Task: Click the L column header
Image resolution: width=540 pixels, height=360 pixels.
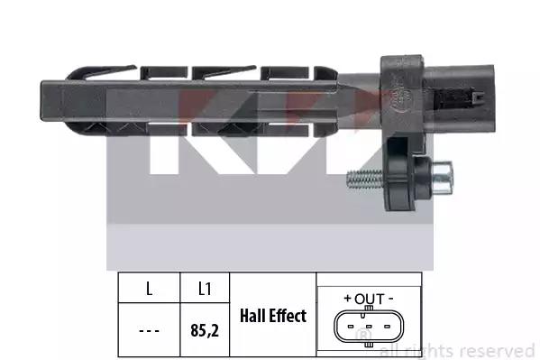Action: [149, 289]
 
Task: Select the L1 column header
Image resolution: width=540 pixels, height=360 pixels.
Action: [205, 289]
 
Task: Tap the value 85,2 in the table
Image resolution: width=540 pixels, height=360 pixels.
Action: [205, 330]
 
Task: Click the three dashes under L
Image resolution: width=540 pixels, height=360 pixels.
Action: [149, 331]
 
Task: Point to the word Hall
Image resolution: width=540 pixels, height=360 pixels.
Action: [252, 316]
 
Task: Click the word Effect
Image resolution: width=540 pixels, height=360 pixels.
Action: [288, 316]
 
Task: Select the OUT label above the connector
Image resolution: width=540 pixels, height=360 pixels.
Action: [370, 299]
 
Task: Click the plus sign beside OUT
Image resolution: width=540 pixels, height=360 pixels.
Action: [348, 299]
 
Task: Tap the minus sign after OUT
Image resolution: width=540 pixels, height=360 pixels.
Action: [390, 299]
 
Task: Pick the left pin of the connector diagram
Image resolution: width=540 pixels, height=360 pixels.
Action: [351, 327]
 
